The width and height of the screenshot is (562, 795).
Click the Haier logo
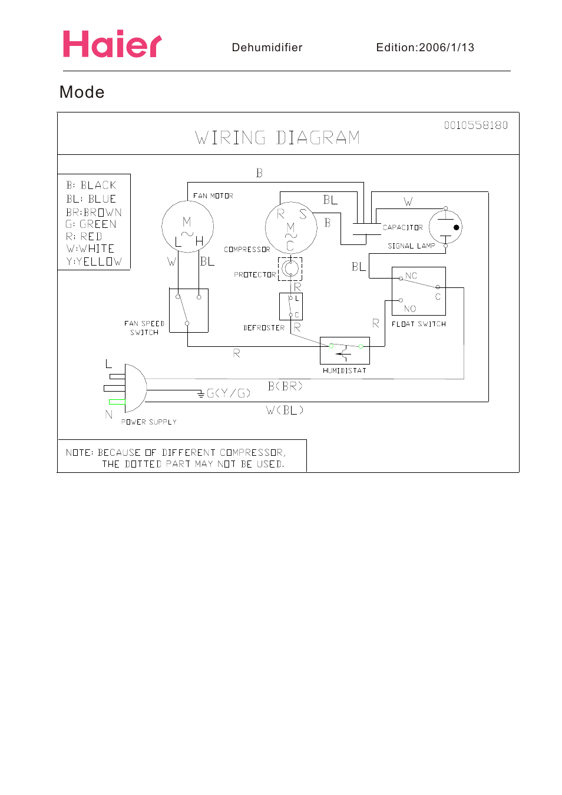(x=112, y=44)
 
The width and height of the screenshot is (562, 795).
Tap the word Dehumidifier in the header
(x=267, y=48)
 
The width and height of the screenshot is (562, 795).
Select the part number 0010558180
(x=475, y=125)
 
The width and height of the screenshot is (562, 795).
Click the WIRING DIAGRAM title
(x=277, y=138)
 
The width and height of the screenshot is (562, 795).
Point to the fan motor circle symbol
(x=187, y=227)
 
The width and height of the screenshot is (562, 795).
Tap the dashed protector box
(x=290, y=269)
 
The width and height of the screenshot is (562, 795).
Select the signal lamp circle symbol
(x=445, y=227)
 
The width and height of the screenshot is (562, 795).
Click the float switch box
(x=418, y=291)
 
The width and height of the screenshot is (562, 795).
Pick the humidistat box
(x=345, y=351)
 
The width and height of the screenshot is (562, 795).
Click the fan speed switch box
(x=189, y=310)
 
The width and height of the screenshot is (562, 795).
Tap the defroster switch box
(x=291, y=306)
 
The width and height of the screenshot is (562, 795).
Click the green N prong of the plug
(x=117, y=402)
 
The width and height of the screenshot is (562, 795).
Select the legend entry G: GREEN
(x=91, y=224)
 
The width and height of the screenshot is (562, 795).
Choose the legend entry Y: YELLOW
(x=94, y=261)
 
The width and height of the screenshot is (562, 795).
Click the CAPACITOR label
(x=403, y=227)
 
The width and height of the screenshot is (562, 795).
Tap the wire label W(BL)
(x=285, y=410)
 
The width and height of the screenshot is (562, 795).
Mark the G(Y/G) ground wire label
(x=229, y=393)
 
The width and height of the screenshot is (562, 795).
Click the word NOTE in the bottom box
(x=79, y=453)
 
